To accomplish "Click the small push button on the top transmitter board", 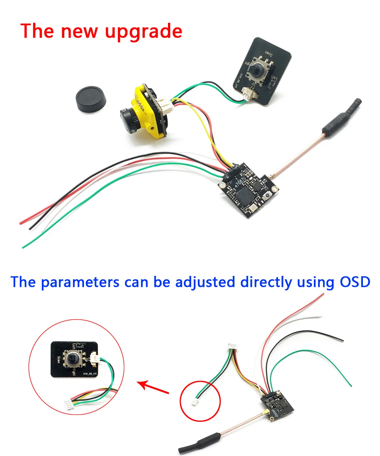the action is [x=269, y=195].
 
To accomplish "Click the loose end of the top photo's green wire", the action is [x=24, y=247].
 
